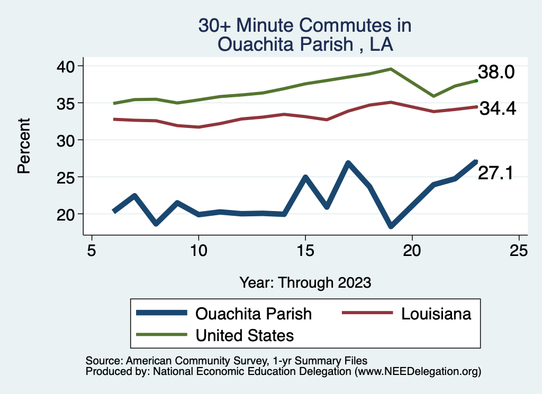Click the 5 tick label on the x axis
[92, 251]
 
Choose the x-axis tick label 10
[198, 251]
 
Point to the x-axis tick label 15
[305, 251]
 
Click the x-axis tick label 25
[519, 251]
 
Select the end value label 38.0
[496, 72]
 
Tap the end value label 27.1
[495, 173]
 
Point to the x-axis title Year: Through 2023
[305, 282]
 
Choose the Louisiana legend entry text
[436, 314]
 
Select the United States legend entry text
[245, 335]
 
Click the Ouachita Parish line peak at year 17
[348, 163]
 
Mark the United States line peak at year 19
[391, 69]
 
